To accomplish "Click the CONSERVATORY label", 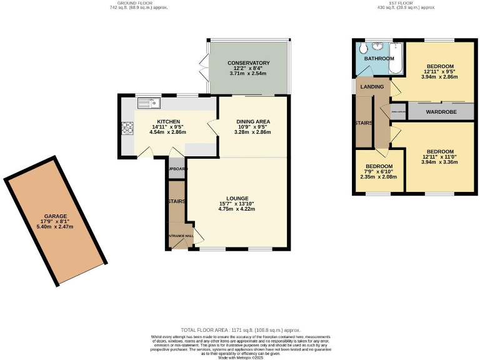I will coord(248,63).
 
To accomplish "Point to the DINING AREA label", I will coord(252,121).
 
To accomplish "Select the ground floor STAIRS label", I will coord(176,202).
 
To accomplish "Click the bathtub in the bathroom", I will coord(395,61).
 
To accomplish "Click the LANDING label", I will coord(367,87).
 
